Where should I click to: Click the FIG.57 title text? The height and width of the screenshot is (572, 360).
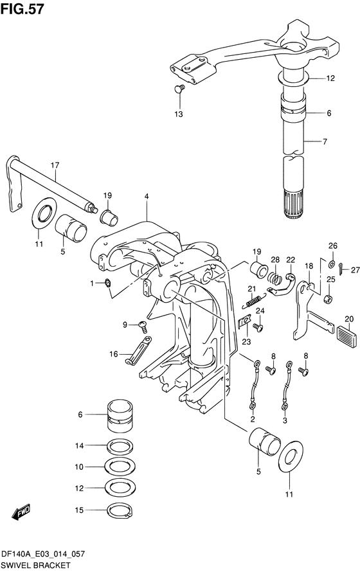point(22,9)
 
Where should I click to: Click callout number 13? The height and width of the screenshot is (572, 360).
point(178,114)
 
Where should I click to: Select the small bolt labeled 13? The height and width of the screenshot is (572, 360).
point(180,88)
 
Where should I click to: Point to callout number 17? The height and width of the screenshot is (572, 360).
point(55,165)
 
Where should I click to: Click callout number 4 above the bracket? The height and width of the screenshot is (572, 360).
point(147,196)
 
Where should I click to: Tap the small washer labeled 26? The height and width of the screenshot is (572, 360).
point(332,264)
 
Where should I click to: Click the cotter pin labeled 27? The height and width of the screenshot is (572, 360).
point(341,269)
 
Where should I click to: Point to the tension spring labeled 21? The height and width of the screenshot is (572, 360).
point(253,300)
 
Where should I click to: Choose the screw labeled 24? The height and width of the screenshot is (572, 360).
point(259,328)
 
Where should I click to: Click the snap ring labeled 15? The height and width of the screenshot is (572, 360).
point(120,510)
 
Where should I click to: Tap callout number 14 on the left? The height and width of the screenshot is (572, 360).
point(80,445)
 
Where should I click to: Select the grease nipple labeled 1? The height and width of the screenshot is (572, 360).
point(107,283)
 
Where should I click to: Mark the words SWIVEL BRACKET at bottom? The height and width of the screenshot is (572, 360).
point(36,565)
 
